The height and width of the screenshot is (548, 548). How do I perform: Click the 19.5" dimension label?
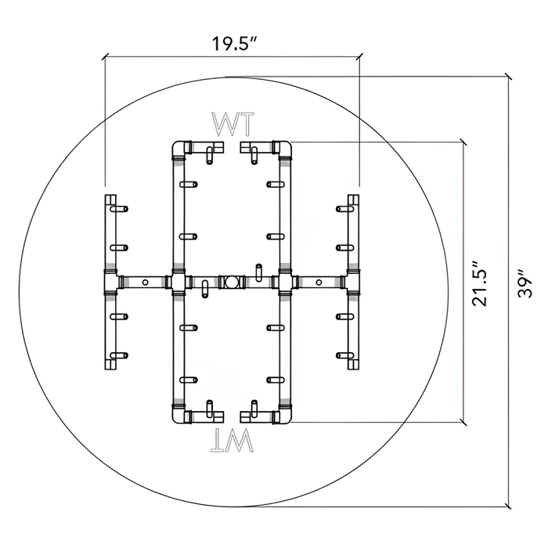point(235,44)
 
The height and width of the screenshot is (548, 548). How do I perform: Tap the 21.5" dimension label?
point(479,283)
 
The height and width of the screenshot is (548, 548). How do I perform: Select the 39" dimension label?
point(525,283)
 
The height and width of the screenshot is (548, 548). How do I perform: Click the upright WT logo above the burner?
point(233,124)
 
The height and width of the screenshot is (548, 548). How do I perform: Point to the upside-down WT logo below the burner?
point(232,440)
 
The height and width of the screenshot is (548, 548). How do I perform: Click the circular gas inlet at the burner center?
point(231,282)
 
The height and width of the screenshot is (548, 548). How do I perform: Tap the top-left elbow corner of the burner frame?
point(179,149)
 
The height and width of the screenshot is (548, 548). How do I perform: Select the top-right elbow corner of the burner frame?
point(284,149)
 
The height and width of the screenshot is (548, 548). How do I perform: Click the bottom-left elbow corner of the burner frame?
point(179,414)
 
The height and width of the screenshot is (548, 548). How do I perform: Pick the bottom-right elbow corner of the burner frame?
point(284,414)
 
